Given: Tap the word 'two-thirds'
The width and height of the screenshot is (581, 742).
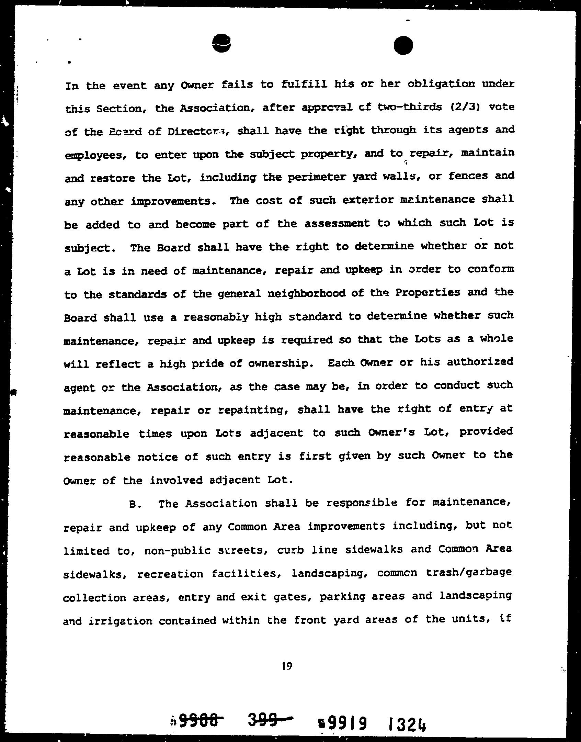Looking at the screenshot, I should [x=409, y=107].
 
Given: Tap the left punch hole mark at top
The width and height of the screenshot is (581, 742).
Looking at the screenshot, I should [x=221, y=43].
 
